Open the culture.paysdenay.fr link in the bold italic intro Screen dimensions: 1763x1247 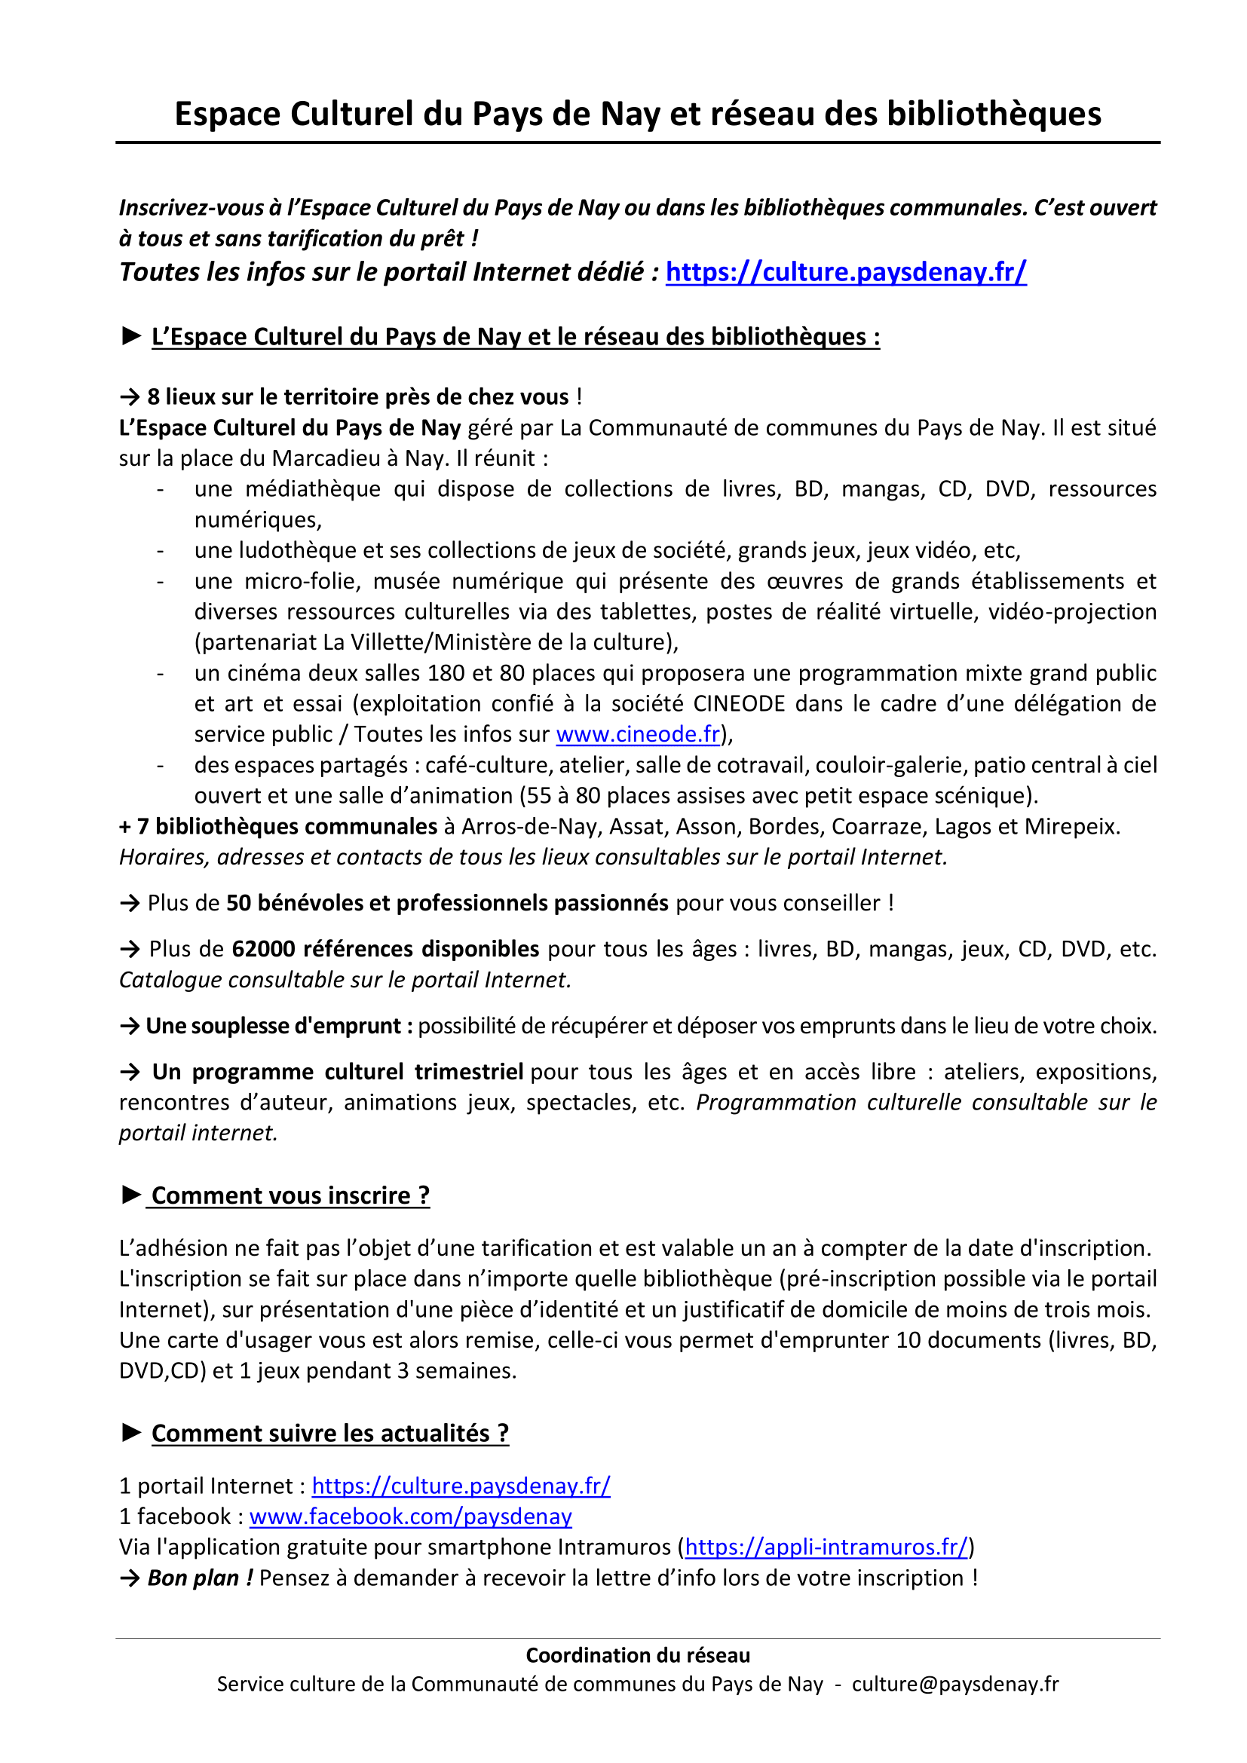tap(845, 272)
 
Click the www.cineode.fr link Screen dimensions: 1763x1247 tap(637, 734)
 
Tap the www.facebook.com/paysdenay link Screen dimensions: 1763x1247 tap(410, 1517)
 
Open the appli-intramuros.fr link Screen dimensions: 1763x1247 tap(826, 1547)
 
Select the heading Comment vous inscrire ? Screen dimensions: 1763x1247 tap(290, 1195)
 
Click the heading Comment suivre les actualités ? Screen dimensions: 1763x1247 tap(330, 1434)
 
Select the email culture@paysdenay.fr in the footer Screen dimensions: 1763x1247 tap(955, 1685)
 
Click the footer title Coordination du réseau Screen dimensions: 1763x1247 tap(637, 1655)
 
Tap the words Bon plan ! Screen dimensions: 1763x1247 tap(200, 1578)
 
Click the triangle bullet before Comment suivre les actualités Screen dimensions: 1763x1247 tap(131, 1432)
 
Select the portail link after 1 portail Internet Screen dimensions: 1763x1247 tap(461, 1486)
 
